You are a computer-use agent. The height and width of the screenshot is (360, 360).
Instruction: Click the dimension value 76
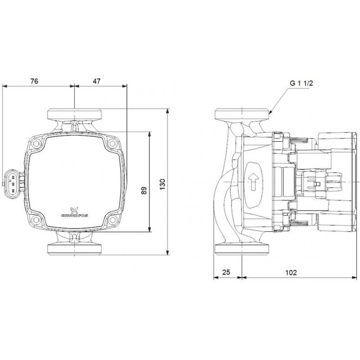point(34,81)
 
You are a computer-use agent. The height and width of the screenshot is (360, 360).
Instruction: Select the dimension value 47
point(97,81)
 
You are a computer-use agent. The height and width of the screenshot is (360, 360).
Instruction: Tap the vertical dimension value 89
point(144,190)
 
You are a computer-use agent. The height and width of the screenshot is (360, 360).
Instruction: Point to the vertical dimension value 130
point(162,184)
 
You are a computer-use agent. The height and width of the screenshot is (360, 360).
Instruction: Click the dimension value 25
point(226,272)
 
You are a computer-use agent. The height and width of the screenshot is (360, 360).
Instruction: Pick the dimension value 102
point(291,273)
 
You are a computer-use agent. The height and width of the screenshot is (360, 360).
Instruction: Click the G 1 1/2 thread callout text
point(301,83)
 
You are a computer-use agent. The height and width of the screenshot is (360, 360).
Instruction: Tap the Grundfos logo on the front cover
point(74,212)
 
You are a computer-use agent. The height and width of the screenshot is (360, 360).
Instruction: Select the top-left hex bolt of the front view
point(36,144)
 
